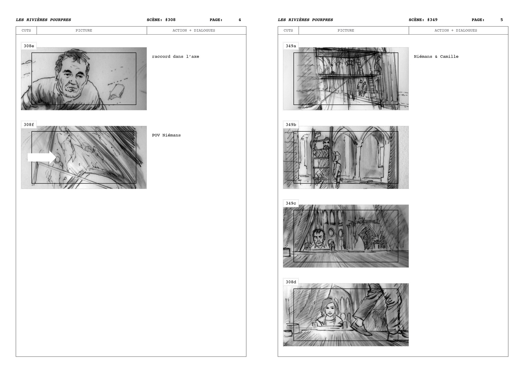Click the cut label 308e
pos(29,46)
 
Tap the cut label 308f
pos(29,125)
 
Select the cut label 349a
pos(291,46)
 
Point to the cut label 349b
pos(291,125)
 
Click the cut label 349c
pos(291,203)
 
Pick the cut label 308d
pos(291,282)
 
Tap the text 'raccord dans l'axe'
pos(175,57)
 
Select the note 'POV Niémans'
pos(166,135)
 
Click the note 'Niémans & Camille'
pos(436,57)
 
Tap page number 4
pos(240,20)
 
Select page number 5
pos(502,20)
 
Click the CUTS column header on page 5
pos(288,30)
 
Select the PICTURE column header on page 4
pos(84,30)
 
